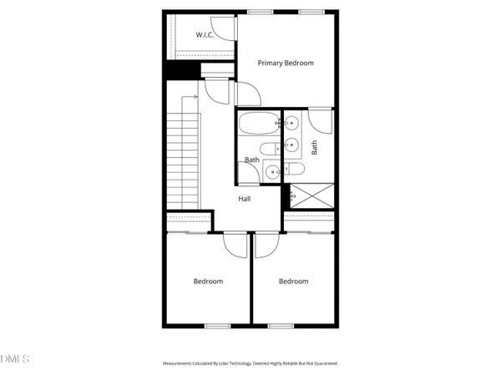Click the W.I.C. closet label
pos(205,35)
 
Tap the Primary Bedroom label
pos(286,63)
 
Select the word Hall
pos(245,198)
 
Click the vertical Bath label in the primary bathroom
pos(315,147)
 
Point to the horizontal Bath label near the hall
pos(251,160)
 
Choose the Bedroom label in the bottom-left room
pos(208,282)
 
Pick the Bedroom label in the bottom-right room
pos(293,282)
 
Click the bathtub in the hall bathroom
pos(257,125)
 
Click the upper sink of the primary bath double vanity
pos(291,124)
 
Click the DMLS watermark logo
pos(14,359)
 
